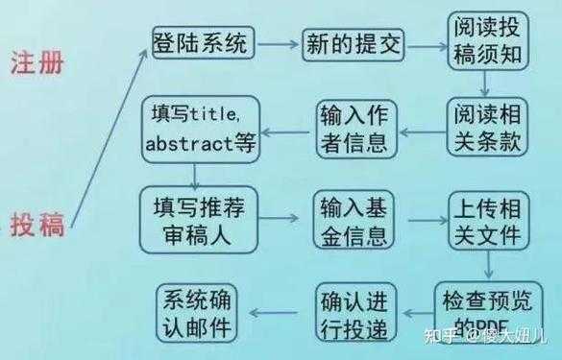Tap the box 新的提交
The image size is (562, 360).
tap(354, 42)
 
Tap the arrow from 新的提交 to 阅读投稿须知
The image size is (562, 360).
tap(426, 43)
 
